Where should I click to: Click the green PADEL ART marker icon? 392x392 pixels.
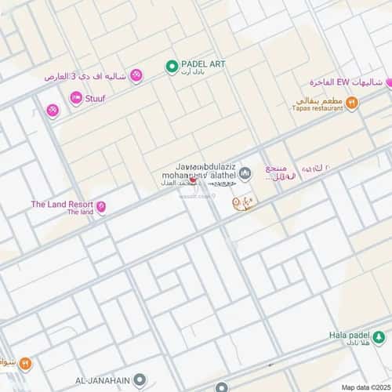pos(171,67)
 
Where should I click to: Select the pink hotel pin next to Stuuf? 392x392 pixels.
pos(76,98)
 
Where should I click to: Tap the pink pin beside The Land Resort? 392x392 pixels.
pos(100,208)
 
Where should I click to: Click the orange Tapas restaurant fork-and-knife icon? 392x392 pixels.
pos(351,101)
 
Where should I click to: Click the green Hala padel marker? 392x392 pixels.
pos(379,337)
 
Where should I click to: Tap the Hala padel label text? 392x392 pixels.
pos(348,335)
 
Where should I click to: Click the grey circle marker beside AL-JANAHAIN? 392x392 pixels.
pos(140,379)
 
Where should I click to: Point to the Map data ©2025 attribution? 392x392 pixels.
pos(365,387)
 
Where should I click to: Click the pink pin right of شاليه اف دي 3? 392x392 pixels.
pos(136,75)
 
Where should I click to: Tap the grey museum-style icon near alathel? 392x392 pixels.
pos(245,172)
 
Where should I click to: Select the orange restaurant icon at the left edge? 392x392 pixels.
pos(24,363)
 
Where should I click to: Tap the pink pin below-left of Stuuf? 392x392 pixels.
pos(53,111)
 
